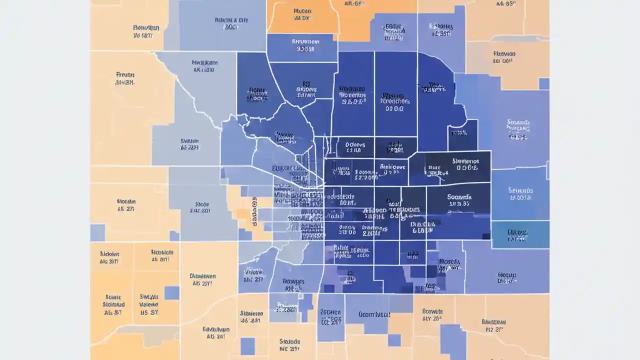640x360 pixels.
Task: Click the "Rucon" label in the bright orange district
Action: pyautogui.click(x=302, y=13)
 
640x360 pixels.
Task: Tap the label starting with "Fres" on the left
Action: pyautogui.click(x=125, y=78)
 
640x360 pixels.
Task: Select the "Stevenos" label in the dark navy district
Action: pyautogui.click(x=465, y=164)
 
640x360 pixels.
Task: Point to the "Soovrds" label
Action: pyautogui.click(x=459, y=200)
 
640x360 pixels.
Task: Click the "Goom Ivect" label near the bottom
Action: pyautogui.click(x=374, y=315)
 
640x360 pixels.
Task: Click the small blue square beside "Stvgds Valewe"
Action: pyautogui.click(x=171, y=292)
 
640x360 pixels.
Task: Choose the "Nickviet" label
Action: pyautogui.click(x=109, y=257)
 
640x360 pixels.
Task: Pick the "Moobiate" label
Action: pyautogui.click(x=162, y=256)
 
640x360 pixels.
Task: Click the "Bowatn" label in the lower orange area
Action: pyautogui.click(x=432, y=314)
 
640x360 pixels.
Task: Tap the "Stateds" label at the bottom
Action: pyautogui.click(x=289, y=345)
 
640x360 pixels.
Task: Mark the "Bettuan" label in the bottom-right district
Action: pyautogui.click(x=493, y=325)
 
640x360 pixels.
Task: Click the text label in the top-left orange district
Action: pyautogui.click(x=146, y=31)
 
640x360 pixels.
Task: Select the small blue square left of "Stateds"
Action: pyautogui.click(x=247, y=346)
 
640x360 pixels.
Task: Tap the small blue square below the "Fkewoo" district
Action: pyautogui.click(x=544, y=83)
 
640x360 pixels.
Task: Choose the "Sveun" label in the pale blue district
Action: pyautogui.click(x=189, y=144)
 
